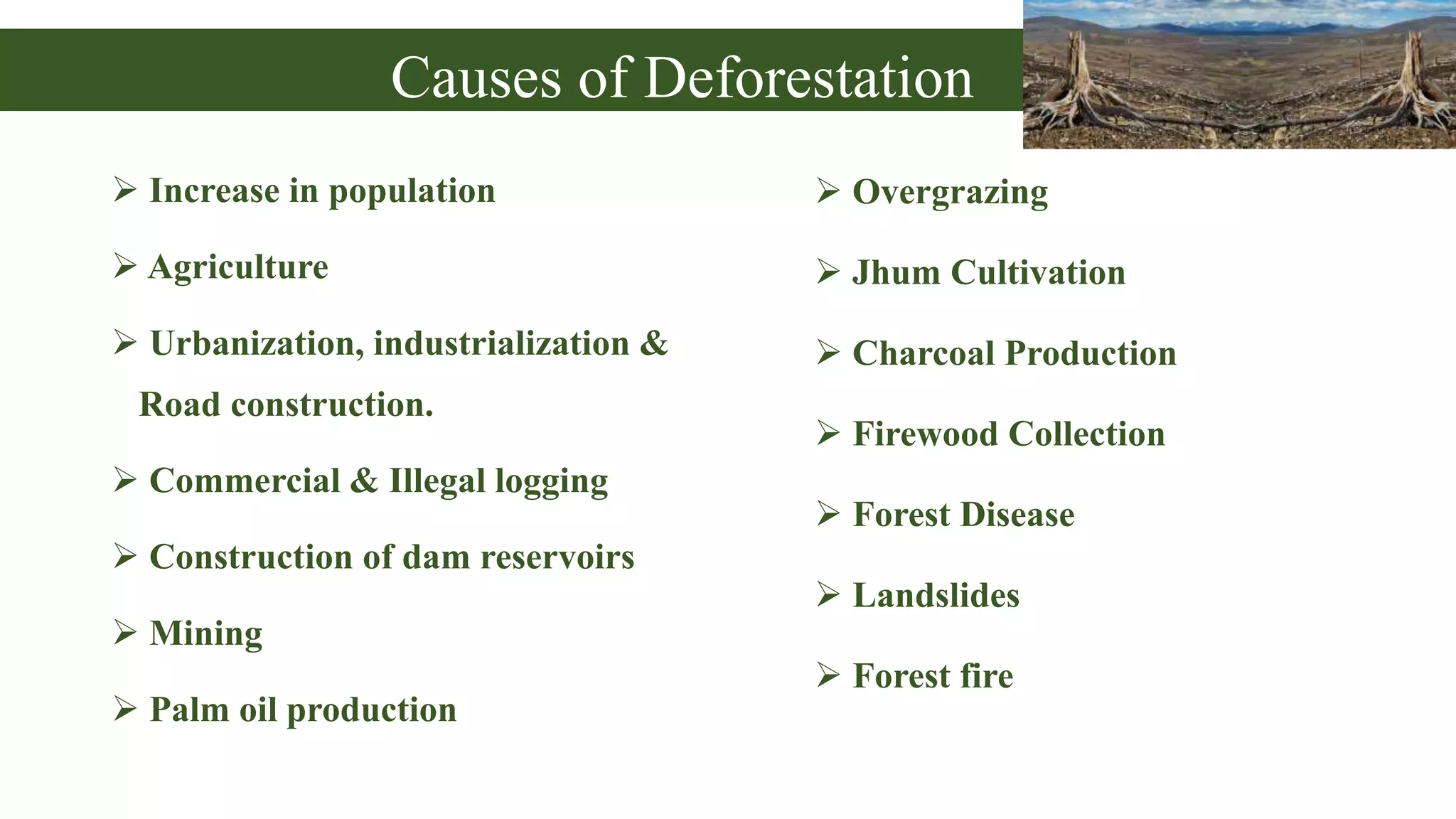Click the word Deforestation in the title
(808, 77)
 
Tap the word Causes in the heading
(476, 77)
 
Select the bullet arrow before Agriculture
(125, 266)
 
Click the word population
(412, 192)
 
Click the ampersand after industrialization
(653, 343)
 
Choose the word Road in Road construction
(179, 405)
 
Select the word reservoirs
(557, 557)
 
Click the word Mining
(205, 633)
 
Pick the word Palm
(189, 710)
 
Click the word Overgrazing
(950, 193)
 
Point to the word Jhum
(896, 272)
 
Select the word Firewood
(925, 434)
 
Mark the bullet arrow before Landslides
(828, 594)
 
